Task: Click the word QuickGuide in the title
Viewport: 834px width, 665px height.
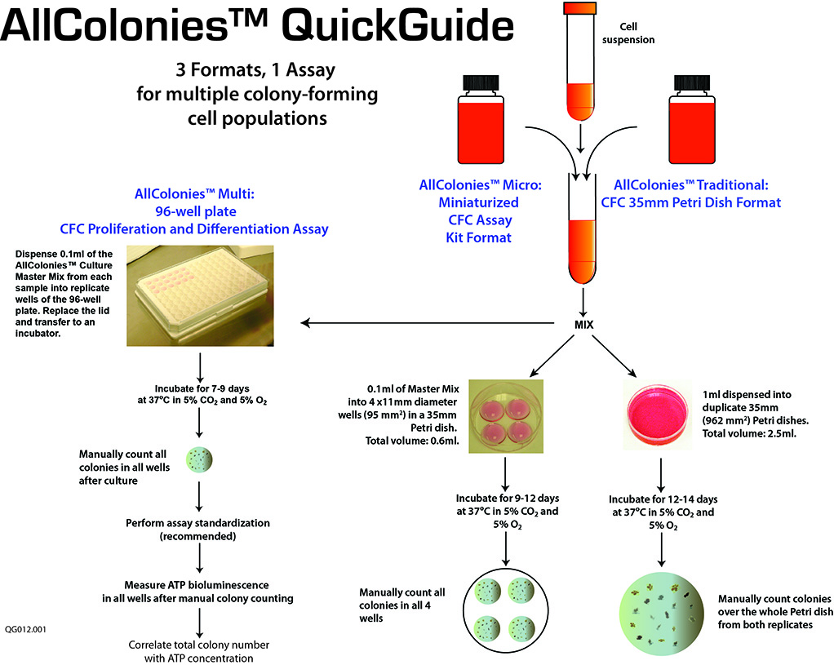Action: pos(400,28)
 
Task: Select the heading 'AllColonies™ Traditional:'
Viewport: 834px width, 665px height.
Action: pos(690,185)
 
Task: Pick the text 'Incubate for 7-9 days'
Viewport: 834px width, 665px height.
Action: pos(201,389)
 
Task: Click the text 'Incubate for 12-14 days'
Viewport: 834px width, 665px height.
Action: pos(662,497)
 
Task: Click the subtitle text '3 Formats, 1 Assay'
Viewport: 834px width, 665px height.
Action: pos(257,70)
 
